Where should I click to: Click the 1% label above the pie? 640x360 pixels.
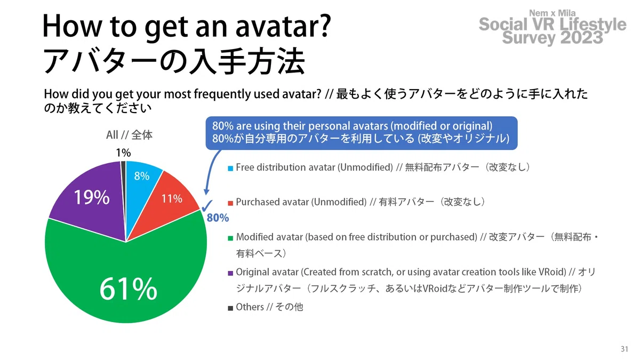tap(123, 153)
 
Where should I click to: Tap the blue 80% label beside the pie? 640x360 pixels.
tap(218, 218)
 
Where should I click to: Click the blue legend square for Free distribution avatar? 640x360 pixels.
tap(230, 169)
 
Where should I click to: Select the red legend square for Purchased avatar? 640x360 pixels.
tap(230, 203)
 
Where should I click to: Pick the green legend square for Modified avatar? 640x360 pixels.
tap(230, 238)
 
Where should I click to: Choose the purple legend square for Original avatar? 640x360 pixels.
tap(230, 273)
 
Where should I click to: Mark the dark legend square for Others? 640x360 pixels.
tap(230, 308)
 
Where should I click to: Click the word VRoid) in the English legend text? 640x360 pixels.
tap(553, 272)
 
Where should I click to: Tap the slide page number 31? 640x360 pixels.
tap(625, 349)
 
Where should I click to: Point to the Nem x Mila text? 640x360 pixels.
tap(553, 13)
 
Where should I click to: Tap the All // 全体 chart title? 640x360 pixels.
tap(129, 135)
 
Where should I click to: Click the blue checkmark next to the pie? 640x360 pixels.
tap(207, 205)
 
